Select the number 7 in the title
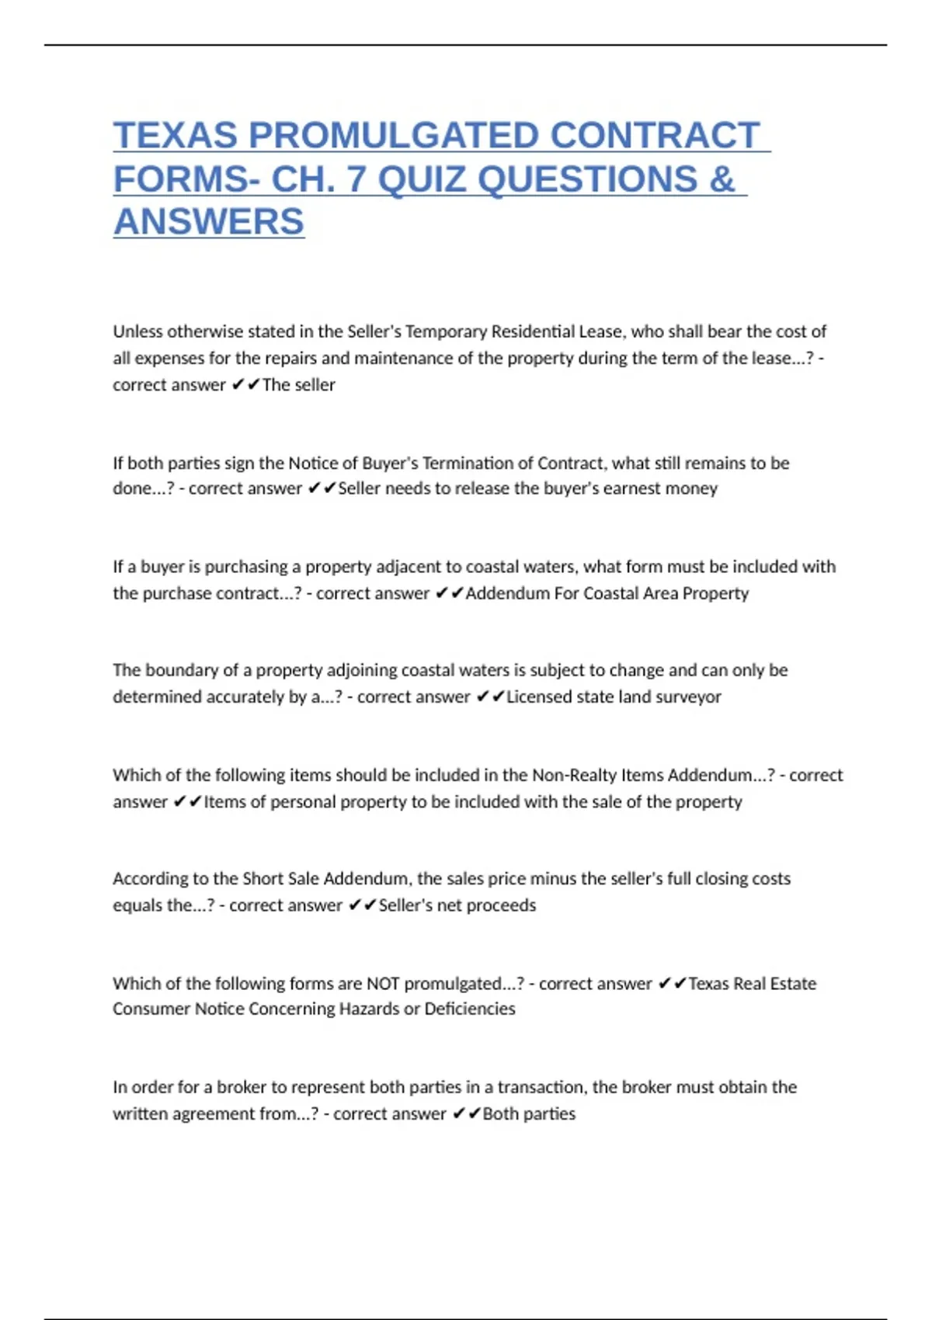tap(356, 179)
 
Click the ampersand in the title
tap(722, 179)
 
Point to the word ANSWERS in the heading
tap(209, 222)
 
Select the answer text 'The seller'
tap(299, 385)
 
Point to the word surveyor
tap(689, 697)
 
